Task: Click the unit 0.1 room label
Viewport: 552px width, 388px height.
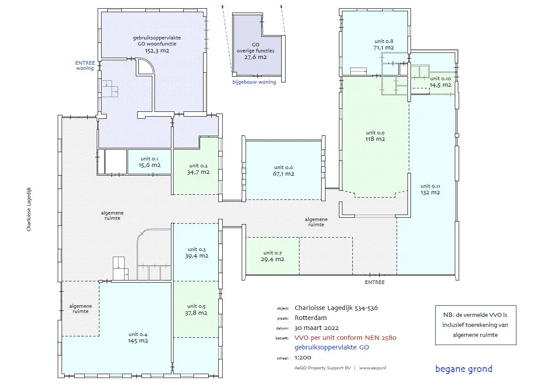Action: pyautogui.click(x=149, y=159)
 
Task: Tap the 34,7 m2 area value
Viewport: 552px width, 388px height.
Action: pyautogui.click(x=198, y=172)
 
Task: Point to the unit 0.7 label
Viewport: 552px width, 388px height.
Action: pyautogui.click(x=273, y=253)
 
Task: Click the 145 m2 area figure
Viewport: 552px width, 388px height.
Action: pyautogui.click(x=138, y=341)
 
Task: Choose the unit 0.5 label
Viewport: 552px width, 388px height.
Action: pyautogui.click(x=197, y=306)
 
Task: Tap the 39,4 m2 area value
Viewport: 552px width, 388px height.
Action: pyautogui.click(x=197, y=256)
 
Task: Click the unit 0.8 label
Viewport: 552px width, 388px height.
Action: pyautogui.click(x=384, y=41)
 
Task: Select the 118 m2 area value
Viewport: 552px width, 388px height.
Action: pyautogui.click(x=375, y=139)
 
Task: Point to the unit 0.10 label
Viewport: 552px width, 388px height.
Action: pyautogui.click(x=440, y=78)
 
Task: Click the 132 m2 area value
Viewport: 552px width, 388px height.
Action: pyautogui.click(x=430, y=192)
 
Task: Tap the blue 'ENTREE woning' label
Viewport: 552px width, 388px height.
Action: pyautogui.click(x=85, y=65)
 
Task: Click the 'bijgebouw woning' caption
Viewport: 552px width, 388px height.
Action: pyautogui.click(x=254, y=82)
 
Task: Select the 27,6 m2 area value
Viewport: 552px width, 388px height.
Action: pyautogui.click(x=256, y=57)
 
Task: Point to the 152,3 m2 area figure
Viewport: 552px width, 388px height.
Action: pyautogui.click(x=157, y=51)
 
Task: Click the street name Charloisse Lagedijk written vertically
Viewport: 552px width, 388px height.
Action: pyautogui.click(x=29, y=209)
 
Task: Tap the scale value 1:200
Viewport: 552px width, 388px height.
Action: pyautogui.click(x=303, y=358)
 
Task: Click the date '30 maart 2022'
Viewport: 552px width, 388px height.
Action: pyautogui.click(x=317, y=328)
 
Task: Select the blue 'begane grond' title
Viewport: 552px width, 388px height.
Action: pyautogui.click(x=464, y=369)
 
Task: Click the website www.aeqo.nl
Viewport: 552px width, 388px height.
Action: pyautogui.click(x=373, y=368)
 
